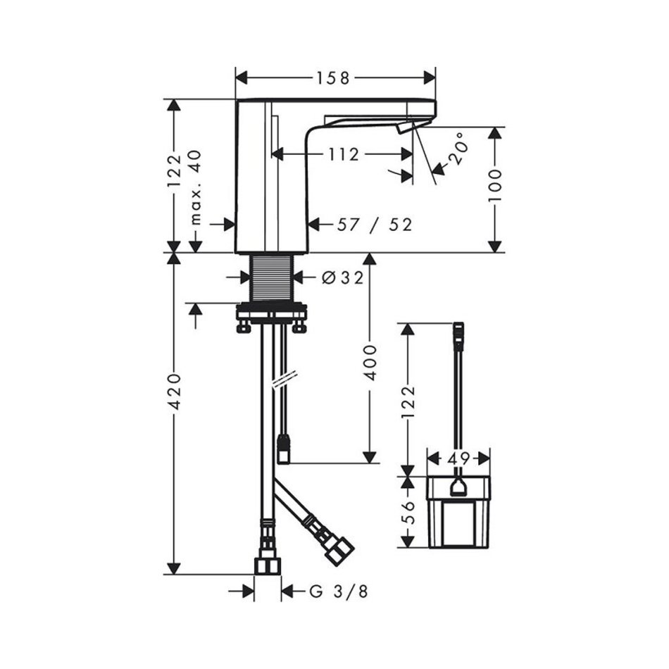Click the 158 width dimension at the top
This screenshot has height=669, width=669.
click(x=332, y=78)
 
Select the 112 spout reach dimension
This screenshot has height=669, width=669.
click(x=344, y=154)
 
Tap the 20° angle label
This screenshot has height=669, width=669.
click(x=457, y=149)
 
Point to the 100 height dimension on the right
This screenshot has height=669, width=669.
click(x=495, y=186)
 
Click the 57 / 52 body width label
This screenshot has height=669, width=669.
click(x=375, y=225)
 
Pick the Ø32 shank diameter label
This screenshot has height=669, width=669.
click(x=343, y=277)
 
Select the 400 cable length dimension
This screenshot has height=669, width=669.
click(x=370, y=363)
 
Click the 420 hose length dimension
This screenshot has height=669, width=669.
click(x=174, y=392)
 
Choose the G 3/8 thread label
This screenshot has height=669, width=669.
click(x=338, y=592)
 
